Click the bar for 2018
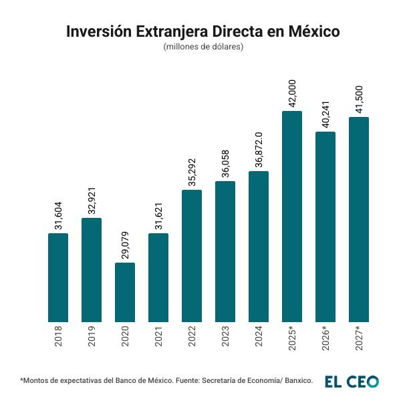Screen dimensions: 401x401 click(58, 277)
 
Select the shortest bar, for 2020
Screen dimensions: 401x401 click(125, 292)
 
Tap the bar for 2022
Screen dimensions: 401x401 click(192, 256)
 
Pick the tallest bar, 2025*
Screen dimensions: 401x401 click(292, 217)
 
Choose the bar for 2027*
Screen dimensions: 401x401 click(359, 219)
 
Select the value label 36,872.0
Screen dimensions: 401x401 click(259, 150)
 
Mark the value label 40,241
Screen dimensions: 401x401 click(325, 114)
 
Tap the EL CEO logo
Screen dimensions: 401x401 click(352, 382)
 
